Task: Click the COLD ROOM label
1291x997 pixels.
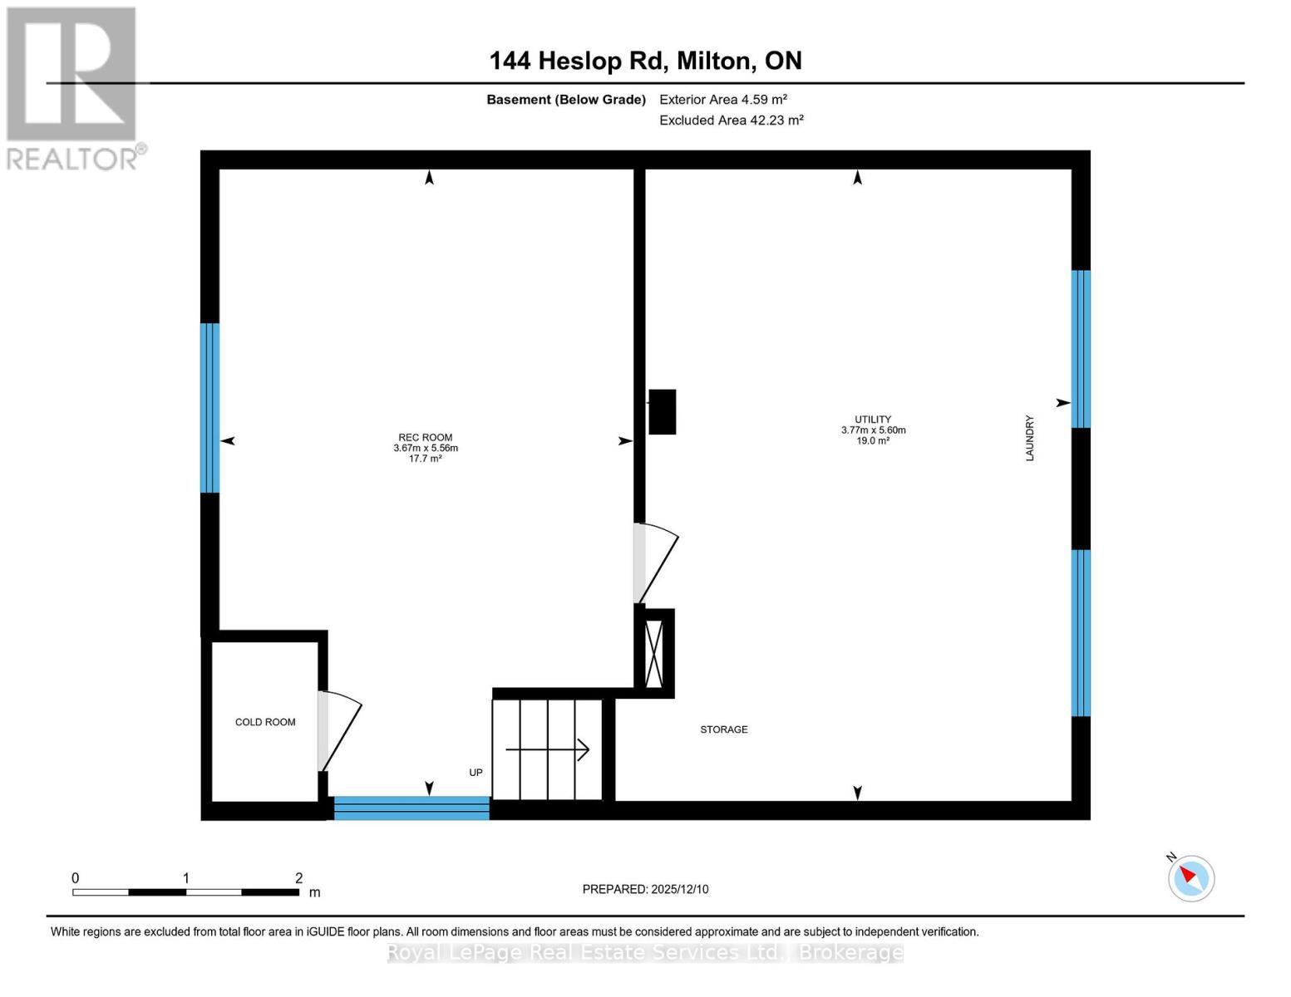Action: [265, 722]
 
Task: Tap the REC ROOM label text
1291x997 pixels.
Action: [426, 437]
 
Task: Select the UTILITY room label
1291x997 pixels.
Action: [873, 420]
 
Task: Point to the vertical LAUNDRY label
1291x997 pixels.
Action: [1030, 438]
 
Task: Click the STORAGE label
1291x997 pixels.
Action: [723, 729]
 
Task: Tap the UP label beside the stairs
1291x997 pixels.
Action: [476, 773]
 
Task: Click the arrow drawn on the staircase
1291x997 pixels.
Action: [547, 749]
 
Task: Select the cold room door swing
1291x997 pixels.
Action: [340, 731]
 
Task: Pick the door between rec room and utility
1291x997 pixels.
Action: [656, 563]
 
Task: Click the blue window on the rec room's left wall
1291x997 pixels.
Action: [209, 408]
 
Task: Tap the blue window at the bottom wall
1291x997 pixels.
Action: [411, 808]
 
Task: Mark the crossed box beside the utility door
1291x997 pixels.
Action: [653, 654]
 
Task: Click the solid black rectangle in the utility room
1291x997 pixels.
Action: [662, 411]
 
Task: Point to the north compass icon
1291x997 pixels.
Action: [1191, 878]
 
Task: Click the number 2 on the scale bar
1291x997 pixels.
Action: [298, 877]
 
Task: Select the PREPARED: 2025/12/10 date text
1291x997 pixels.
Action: [645, 889]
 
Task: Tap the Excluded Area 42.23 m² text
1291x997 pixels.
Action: [732, 120]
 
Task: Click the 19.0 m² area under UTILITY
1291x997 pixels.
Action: [873, 440]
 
